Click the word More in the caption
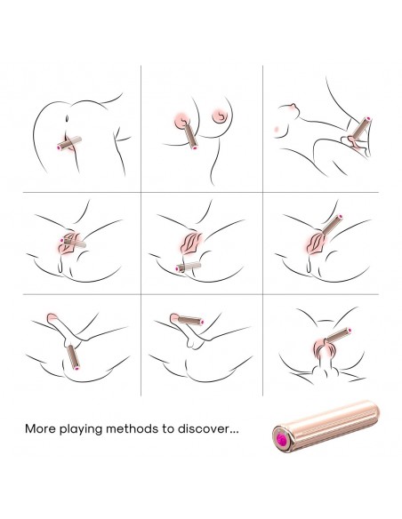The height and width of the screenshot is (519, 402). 40,428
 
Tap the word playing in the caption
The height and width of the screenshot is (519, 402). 80,429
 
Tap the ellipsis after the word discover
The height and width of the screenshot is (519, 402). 234,432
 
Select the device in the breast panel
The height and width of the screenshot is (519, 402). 190,136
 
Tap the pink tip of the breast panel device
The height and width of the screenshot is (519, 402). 195,147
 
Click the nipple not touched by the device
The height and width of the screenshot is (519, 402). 220,116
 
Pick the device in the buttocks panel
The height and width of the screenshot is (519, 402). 69,143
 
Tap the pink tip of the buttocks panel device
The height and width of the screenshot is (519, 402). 60,148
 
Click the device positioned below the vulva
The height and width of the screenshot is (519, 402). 189,267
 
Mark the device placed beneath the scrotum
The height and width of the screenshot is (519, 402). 73,357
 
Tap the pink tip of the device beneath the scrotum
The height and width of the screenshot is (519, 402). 76,367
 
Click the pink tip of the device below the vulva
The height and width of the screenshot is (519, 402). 178,268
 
